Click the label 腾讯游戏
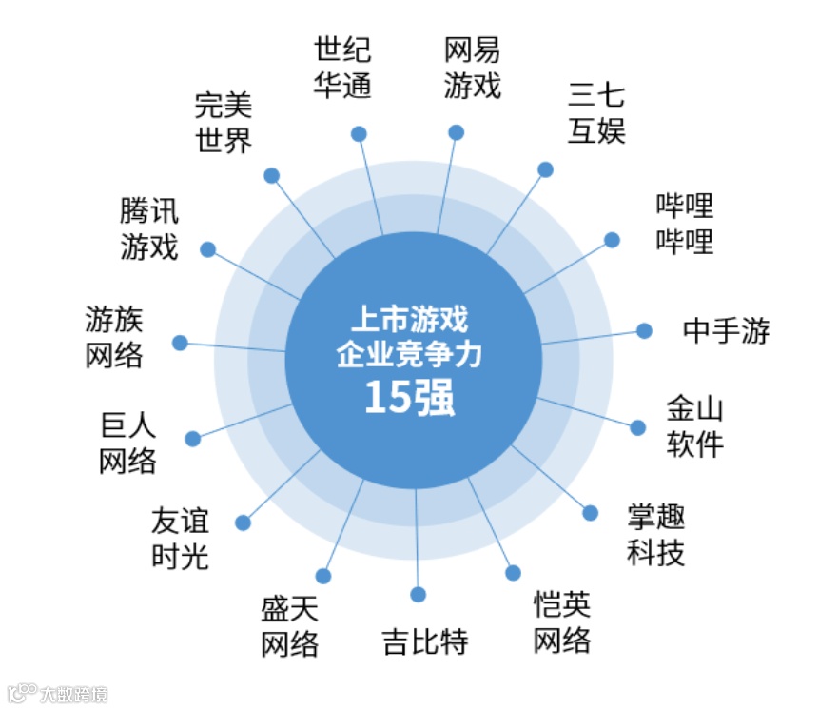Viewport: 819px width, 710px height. (x=149, y=229)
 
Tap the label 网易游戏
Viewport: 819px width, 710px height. (x=472, y=68)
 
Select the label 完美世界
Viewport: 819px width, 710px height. (x=224, y=122)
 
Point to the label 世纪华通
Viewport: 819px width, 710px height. (x=342, y=67)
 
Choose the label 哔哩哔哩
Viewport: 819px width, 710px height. (x=684, y=224)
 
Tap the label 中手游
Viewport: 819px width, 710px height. (x=726, y=331)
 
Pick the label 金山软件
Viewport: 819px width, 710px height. (x=694, y=427)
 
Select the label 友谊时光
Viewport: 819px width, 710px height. (x=180, y=539)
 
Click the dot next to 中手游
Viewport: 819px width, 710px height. (x=644, y=331)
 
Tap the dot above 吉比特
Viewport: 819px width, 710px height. (x=419, y=595)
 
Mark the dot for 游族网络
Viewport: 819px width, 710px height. (x=179, y=343)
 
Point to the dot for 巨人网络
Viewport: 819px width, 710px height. (x=193, y=439)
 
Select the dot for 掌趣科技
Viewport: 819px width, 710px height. (x=591, y=513)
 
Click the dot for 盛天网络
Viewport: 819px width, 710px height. (x=323, y=576)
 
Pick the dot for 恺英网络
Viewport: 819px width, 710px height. (x=514, y=573)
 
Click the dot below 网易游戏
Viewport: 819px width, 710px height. (x=457, y=132)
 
